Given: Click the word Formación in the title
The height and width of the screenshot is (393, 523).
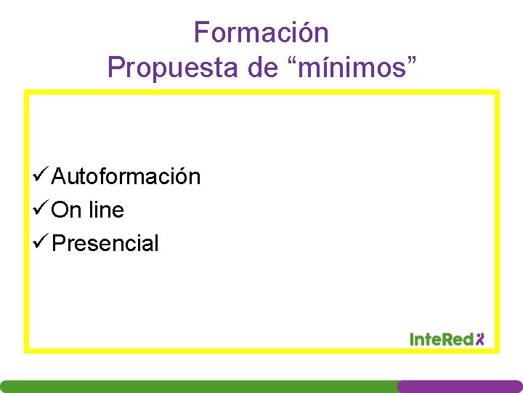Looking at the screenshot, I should tap(261, 33).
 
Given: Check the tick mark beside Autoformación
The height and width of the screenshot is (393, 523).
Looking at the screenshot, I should tap(41, 176).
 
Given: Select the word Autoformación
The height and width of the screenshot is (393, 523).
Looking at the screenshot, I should tap(126, 176).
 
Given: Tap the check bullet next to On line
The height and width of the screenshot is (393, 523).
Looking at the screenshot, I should tap(41, 210).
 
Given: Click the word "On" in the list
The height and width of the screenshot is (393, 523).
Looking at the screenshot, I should tap(67, 210).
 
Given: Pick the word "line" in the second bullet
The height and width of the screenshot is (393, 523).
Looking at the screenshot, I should tap(106, 210).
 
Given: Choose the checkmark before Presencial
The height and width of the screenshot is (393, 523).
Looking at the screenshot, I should tap(41, 243).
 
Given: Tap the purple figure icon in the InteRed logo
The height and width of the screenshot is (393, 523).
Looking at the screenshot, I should tap(479, 338).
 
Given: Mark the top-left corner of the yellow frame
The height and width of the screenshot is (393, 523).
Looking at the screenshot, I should tap(27, 92).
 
